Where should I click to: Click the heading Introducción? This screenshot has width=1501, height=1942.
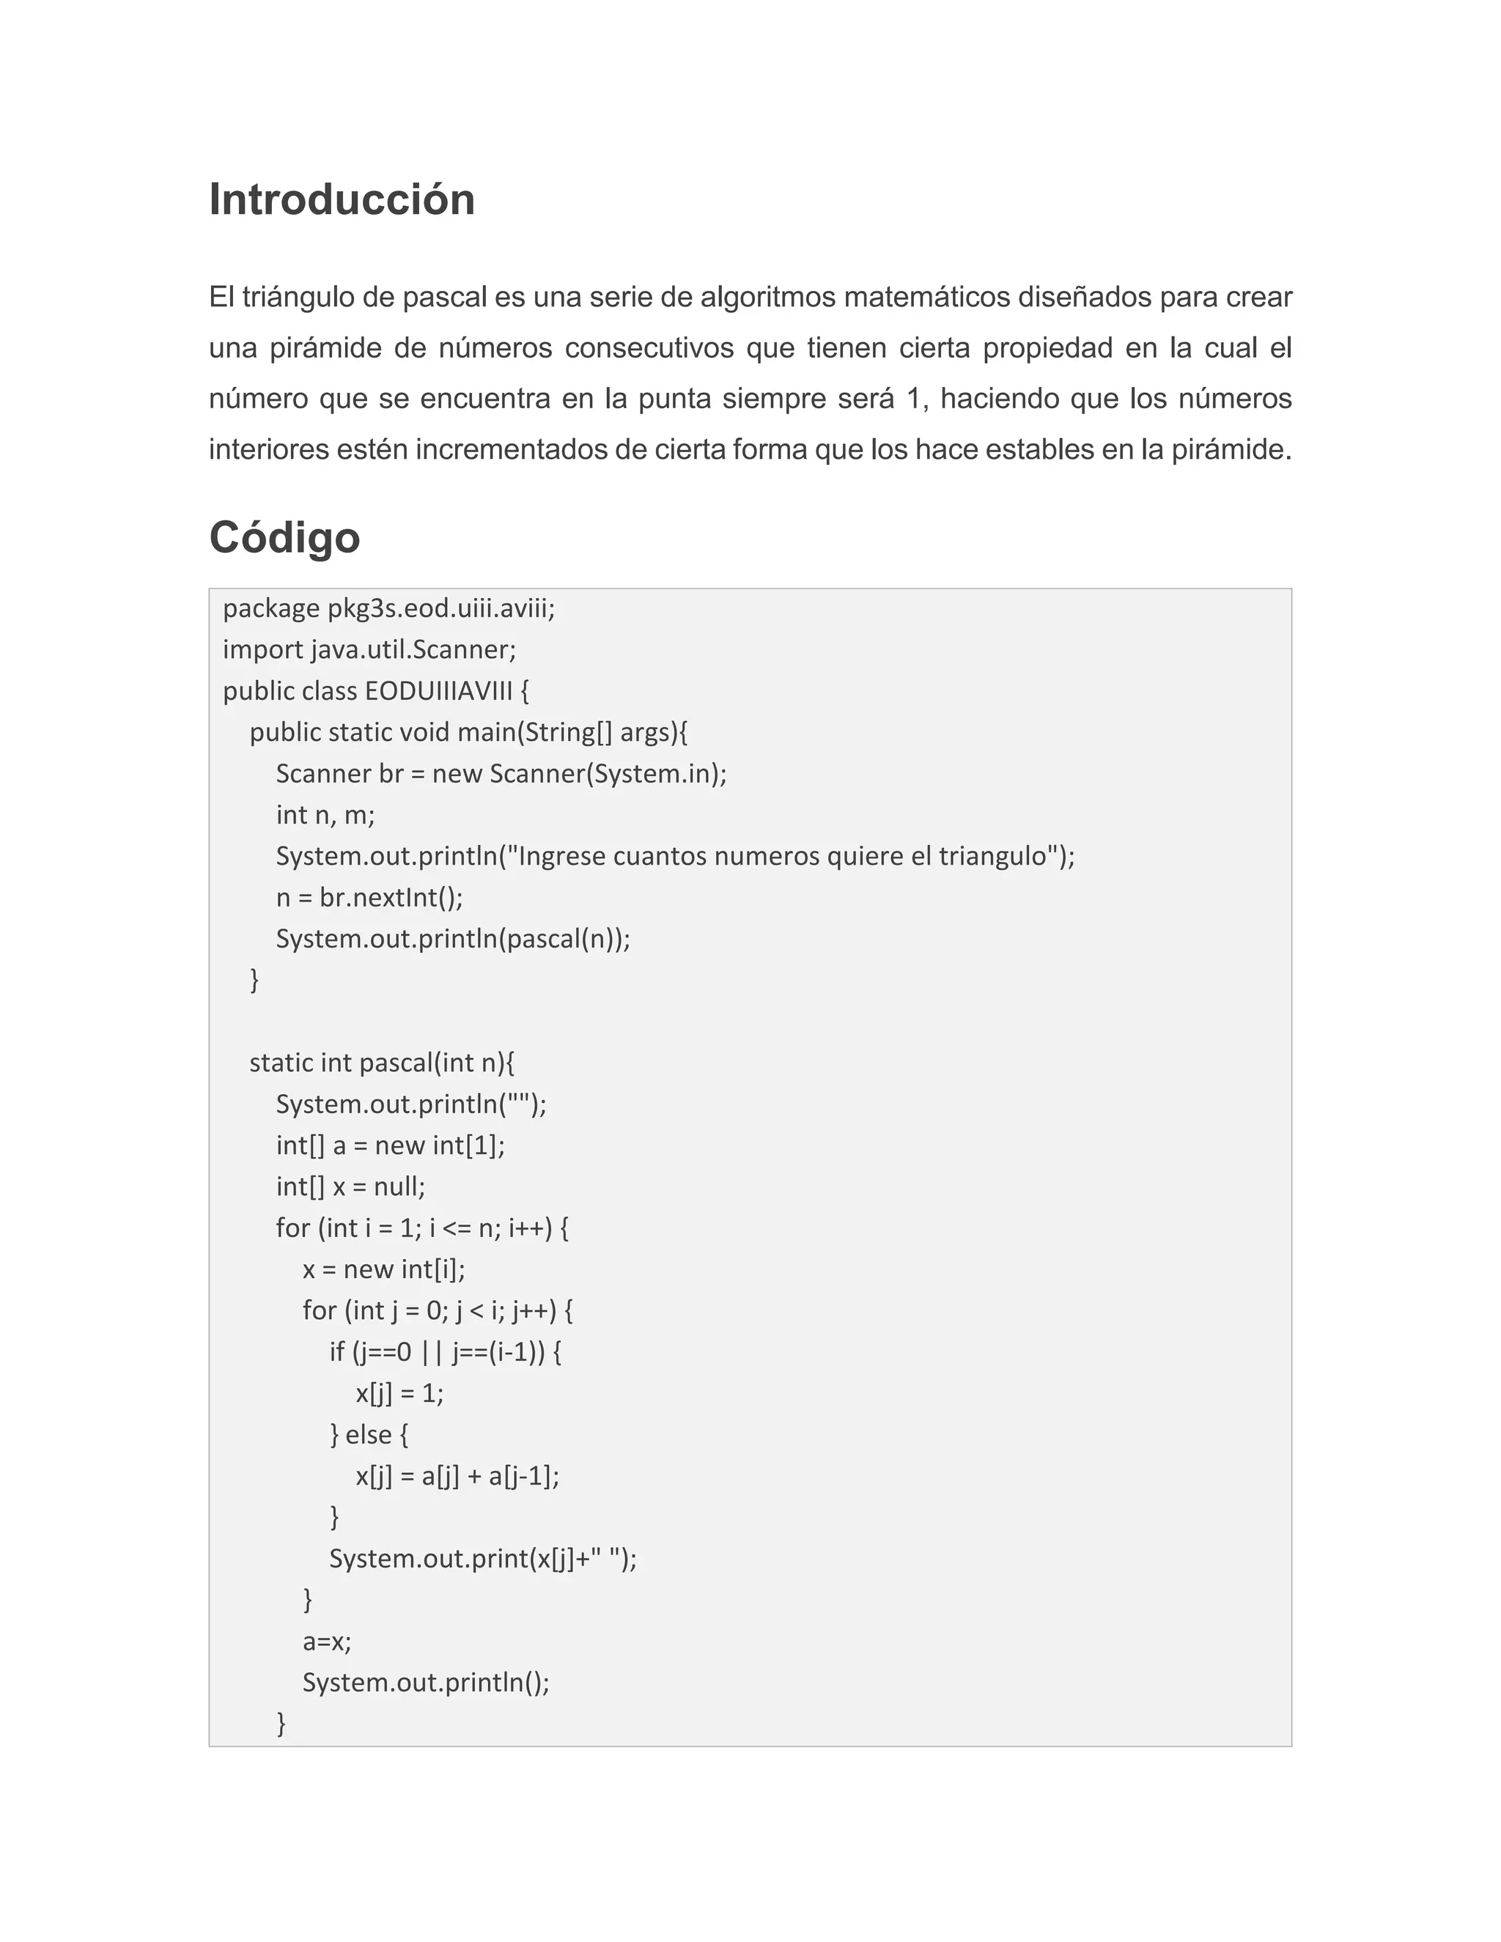tap(342, 199)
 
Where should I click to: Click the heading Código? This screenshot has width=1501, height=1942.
tap(284, 538)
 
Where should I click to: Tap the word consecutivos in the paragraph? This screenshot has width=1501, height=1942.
tap(649, 347)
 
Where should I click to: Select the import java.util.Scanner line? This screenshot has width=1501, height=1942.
tap(369, 650)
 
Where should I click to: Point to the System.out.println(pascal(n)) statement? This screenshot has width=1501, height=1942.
tap(453, 939)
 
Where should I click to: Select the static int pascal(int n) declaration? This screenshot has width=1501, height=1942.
tap(381, 1063)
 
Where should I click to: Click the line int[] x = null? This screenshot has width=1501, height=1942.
tap(350, 1187)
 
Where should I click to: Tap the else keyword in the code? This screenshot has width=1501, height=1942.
tap(368, 1435)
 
